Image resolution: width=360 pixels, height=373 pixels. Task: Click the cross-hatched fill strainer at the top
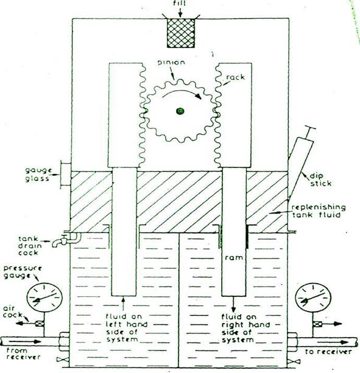(x=181, y=33)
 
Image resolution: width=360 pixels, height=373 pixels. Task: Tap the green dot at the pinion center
(x=180, y=111)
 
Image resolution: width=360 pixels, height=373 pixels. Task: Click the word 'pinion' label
(x=171, y=63)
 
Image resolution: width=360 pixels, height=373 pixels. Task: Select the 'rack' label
(x=236, y=77)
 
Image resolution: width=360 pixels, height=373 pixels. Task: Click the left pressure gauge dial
(x=44, y=298)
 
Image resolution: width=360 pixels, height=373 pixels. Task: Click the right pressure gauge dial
(x=313, y=298)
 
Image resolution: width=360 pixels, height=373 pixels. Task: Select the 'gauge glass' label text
(x=38, y=175)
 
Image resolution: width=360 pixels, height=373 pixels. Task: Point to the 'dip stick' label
(x=320, y=180)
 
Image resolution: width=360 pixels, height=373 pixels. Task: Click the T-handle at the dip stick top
(x=309, y=128)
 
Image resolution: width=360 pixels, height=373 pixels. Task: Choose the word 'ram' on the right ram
(x=234, y=257)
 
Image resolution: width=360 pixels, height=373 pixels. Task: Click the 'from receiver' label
(x=23, y=354)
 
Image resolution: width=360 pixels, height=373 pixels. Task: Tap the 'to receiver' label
(x=328, y=352)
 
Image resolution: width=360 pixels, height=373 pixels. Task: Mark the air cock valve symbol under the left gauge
(x=38, y=324)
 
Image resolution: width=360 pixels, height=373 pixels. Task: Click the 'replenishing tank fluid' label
(x=319, y=211)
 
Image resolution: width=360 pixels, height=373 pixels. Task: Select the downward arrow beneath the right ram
(x=233, y=304)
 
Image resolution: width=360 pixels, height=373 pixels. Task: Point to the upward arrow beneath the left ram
(x=123, y=304)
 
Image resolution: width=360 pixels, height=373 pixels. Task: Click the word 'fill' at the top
(x=180, y=4)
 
